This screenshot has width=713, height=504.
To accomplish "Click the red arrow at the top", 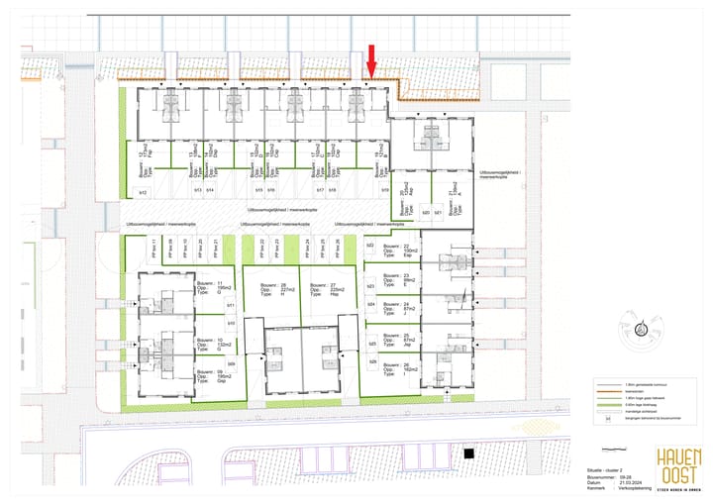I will coord(371,60).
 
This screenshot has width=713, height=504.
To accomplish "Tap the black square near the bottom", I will coord(470,454).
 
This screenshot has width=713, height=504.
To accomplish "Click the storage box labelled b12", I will coord(142,191).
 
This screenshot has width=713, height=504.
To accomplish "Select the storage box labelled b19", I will coord(384,189).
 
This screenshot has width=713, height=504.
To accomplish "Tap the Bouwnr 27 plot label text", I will coord(320,289).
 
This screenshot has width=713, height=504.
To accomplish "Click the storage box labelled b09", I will coord(231,364).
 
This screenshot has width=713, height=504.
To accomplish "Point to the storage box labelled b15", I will coord(258,189).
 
